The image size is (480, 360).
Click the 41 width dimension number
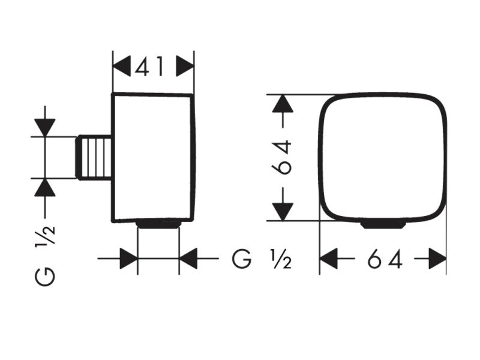[149, 67]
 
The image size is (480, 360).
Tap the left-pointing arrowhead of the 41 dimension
[122, 67]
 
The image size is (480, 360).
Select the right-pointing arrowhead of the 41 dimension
[185, 66]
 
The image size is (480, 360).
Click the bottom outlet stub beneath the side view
[158, 224]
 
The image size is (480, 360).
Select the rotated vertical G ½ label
[46, 255]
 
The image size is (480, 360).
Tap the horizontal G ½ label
[262, 259]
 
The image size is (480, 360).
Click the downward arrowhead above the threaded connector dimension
[45, 127]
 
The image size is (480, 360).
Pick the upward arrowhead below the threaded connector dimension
[45, 187]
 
